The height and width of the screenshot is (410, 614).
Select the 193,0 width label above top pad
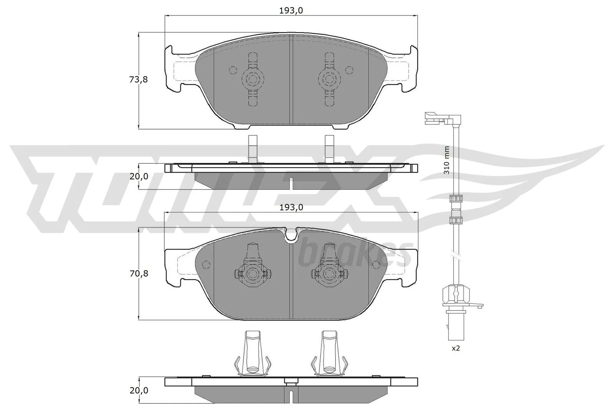(x=291, y=11)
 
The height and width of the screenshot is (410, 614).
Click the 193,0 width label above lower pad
(x=291, y=207)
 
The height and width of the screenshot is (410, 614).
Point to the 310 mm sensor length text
(x=446, y=160)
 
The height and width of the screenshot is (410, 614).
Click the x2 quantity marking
(x=456, y=349)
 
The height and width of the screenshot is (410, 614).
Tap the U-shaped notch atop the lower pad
(x=292, y=234)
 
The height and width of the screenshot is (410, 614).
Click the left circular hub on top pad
(x=253, y=80)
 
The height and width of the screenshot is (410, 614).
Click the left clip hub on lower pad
(x=253, y=274)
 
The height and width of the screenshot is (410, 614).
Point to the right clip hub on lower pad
(x=329, y=274)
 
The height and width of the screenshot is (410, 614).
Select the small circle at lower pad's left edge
(x=206, y=264)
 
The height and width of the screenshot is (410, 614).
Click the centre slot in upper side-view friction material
(x=291, y=183)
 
